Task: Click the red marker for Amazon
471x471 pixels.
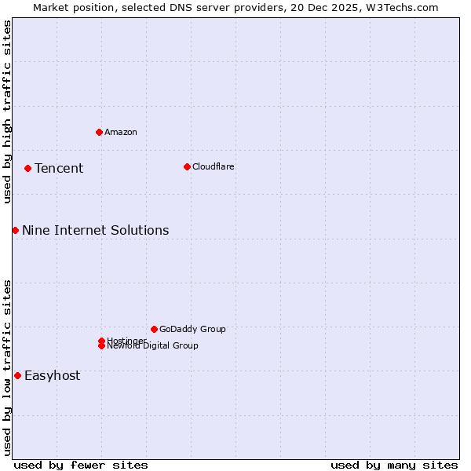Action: [99, 132]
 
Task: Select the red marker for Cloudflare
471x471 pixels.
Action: [187, 166]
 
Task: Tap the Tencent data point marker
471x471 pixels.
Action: [27, 168]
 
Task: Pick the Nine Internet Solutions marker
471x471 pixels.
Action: [15, 230]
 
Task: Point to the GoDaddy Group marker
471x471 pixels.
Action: [154, 329]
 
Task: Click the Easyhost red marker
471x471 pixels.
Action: [17, 375]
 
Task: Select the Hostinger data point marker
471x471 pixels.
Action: [101, 341]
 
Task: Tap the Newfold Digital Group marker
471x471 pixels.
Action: [101, 346]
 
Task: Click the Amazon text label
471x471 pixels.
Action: [121, 132]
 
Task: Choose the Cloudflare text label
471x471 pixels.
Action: [214, 166]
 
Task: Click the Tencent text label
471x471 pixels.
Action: [59, 168]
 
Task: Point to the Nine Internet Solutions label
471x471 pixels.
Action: [95, 230]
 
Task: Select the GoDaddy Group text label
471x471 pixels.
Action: [192, 329]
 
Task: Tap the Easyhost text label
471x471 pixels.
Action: [52, 375]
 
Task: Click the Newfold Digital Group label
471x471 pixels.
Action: [153, 346]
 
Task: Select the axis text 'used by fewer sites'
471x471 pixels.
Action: [81, 465]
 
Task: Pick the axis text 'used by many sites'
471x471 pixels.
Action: [394, 465]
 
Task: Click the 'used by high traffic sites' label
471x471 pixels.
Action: [7, 111]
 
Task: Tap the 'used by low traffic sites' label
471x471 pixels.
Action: [7, 367]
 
